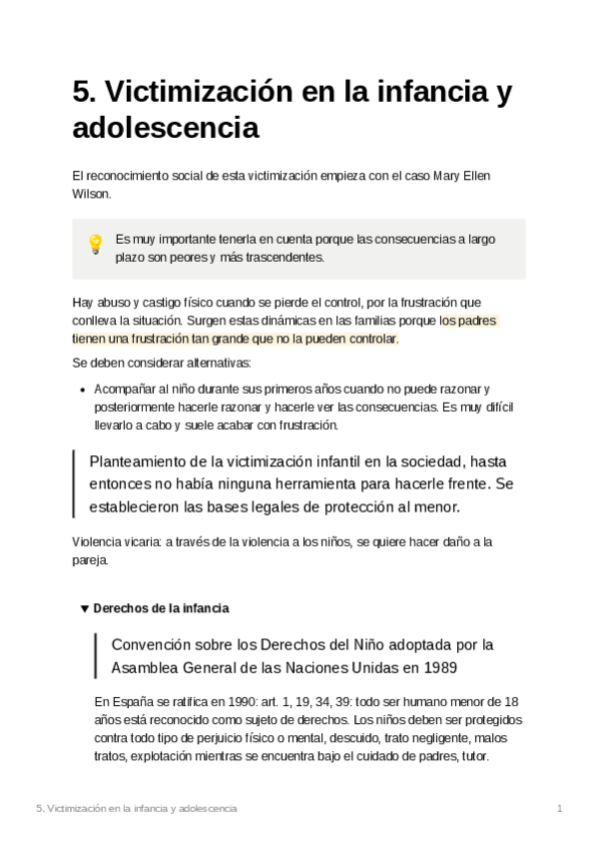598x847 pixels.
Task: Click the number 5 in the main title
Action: (83, 93)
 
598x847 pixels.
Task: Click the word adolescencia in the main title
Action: (166, 129)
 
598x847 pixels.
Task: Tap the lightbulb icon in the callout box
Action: (96, 244)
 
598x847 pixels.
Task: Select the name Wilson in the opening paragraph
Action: (92, 194)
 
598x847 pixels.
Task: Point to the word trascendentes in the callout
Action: (290, 258)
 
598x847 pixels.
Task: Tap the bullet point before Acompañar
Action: (81, 390)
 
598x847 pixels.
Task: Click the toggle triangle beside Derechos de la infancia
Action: (84, 607)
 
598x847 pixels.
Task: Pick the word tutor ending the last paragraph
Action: (471, 756)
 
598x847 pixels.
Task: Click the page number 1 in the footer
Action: (560, 808)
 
